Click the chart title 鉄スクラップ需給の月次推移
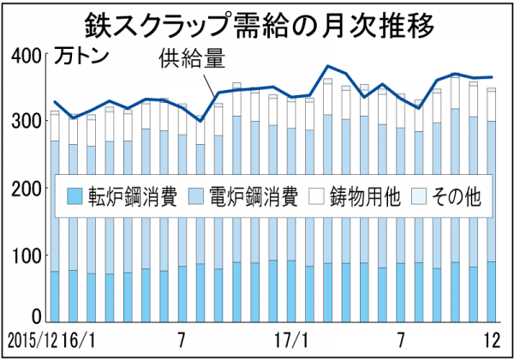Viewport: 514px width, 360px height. (257, 21)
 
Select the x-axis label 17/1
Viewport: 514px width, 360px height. (295, 334)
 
